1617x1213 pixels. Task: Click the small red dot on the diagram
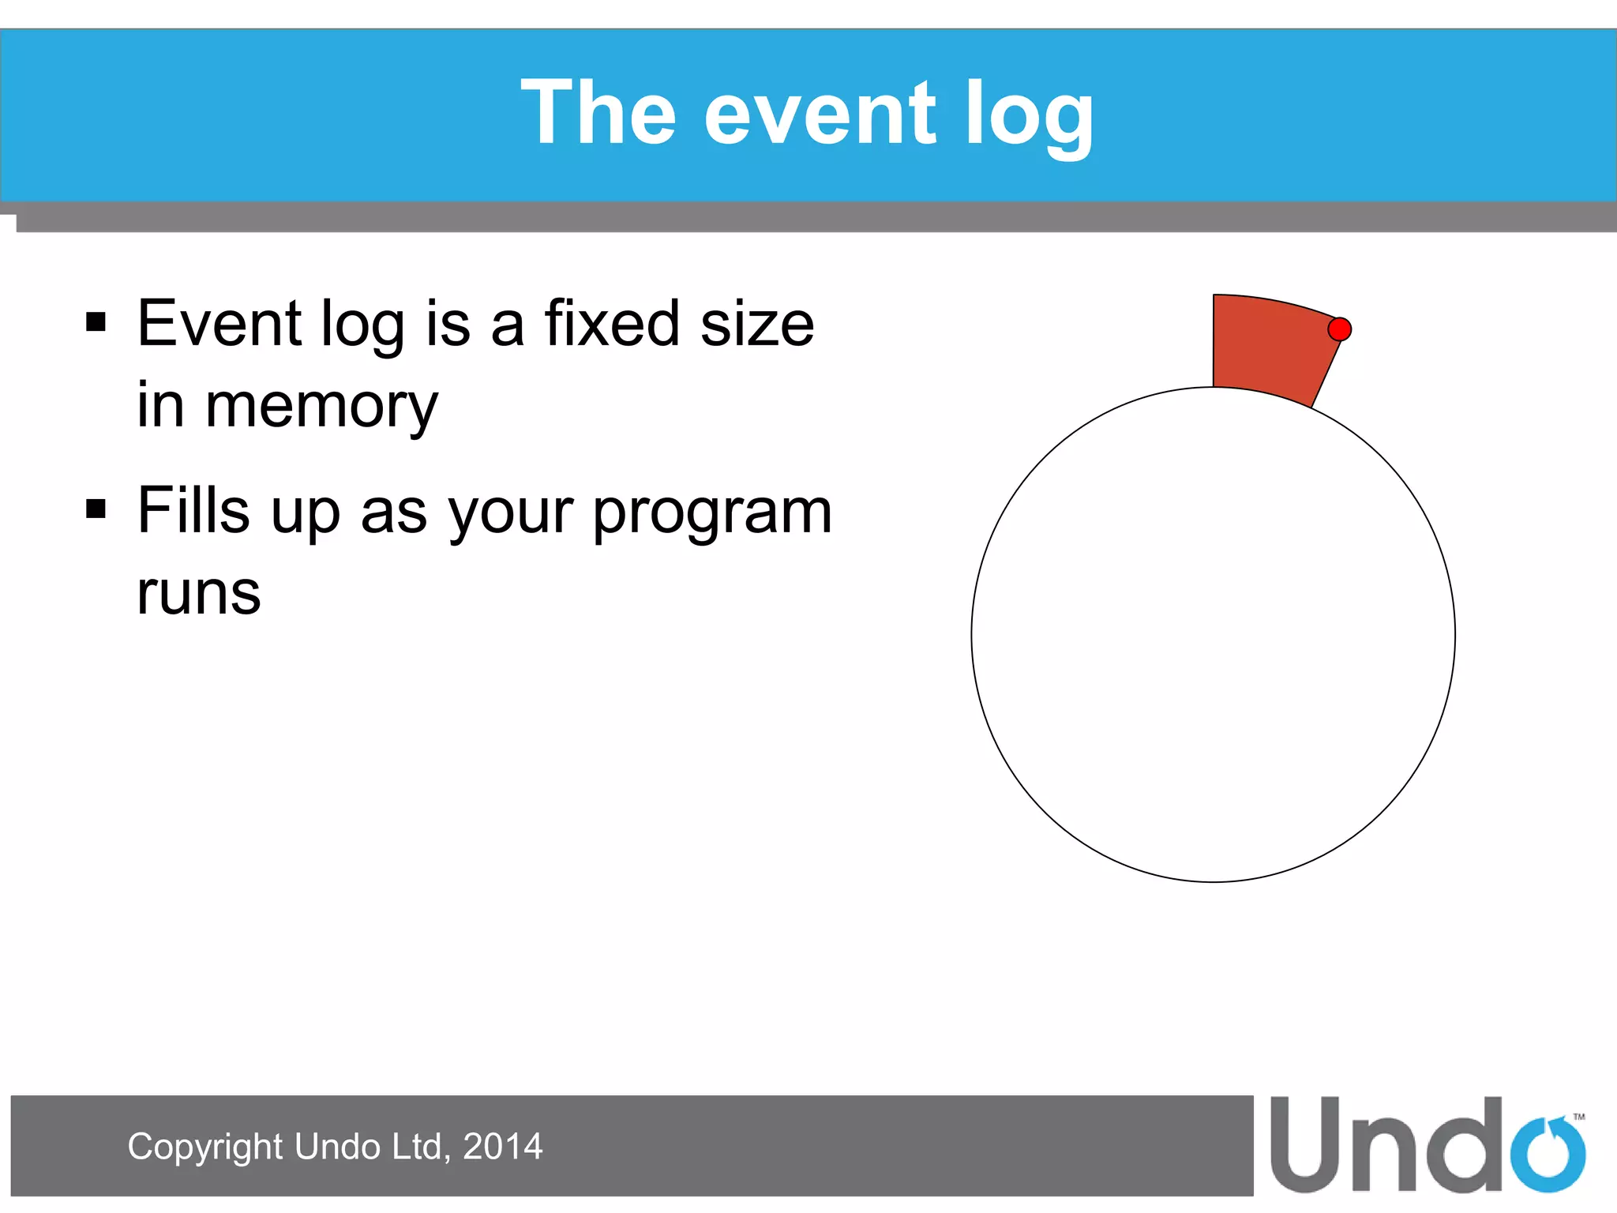[1339, 329]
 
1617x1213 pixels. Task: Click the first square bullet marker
[96, 322]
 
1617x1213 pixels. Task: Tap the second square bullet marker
[96, 509]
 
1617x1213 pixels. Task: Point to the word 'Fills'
[193, 510]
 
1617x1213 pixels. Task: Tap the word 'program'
[712, 513]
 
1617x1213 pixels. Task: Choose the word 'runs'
[198, 594]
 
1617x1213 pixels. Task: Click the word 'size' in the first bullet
[756, 324]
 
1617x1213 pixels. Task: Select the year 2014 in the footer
[502, 1147]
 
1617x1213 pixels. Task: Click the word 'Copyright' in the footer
[204, 1147]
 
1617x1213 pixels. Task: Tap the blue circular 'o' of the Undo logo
[1548, 1155]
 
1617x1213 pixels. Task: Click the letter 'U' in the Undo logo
[1307, 1145]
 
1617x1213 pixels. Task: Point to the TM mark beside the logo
[1578, 1117]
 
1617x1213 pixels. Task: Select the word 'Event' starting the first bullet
[219, 323]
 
